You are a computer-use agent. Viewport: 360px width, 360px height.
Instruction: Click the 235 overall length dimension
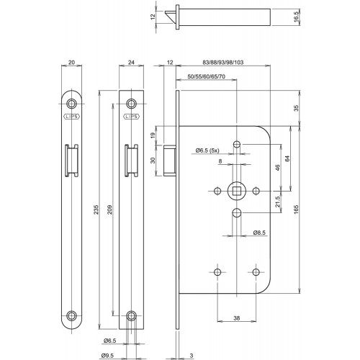96,210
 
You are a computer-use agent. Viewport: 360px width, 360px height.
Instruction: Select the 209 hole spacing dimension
109,210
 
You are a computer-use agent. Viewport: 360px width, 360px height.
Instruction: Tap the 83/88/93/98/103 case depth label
223,63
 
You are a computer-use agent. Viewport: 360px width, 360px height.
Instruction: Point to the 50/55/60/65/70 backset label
207,76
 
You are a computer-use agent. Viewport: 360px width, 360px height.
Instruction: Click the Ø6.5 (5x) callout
207,150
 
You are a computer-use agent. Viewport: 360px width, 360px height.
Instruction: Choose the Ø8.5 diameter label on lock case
259,233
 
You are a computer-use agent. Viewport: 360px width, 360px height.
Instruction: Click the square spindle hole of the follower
237,191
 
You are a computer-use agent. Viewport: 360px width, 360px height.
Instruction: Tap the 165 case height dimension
296,210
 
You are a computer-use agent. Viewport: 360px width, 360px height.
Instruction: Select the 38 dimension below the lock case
237,318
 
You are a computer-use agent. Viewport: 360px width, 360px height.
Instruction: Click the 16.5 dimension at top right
296,17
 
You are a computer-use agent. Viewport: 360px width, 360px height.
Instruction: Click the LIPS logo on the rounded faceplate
71,117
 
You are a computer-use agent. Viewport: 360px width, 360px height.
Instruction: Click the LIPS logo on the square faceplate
131,117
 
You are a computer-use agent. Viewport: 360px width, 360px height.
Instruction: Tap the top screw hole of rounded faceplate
71,104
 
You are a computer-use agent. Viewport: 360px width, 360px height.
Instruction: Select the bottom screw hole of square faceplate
131,315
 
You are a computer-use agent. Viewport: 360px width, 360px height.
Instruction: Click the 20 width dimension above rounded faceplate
71,63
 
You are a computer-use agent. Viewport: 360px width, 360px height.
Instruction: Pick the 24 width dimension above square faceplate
131,63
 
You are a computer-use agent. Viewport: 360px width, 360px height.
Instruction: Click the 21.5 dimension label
278,202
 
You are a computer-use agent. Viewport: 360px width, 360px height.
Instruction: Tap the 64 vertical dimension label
287,158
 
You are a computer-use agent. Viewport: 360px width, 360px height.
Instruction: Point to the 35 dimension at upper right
296,108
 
